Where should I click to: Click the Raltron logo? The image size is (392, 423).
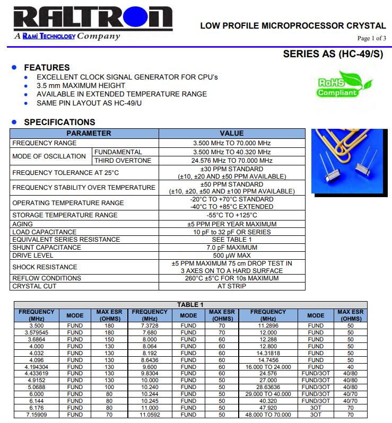(87, 20)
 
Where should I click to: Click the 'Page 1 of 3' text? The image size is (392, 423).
(371, 38)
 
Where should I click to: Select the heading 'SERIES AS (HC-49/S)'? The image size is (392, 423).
(333, 54)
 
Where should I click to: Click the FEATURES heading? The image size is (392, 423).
(47, 67)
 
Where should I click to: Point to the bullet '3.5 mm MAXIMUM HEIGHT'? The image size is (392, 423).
(81, 85)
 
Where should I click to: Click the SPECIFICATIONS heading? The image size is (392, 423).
(59, 122)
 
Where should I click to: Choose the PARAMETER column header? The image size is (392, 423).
(89, 134)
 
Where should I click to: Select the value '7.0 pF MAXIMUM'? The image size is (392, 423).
(231, 248)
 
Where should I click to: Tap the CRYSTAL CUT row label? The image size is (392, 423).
(34, 286)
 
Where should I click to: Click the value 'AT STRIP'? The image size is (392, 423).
(231, 286)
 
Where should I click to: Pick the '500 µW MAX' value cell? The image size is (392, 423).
(231, 255)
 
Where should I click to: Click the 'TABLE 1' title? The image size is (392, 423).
(190, 304)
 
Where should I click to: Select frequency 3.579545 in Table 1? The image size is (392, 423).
(37, 332)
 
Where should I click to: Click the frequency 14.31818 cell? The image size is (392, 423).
(268, 353)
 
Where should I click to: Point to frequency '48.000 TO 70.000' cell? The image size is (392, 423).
(268, 415)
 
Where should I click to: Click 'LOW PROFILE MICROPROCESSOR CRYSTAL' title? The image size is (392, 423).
(293, 25)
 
